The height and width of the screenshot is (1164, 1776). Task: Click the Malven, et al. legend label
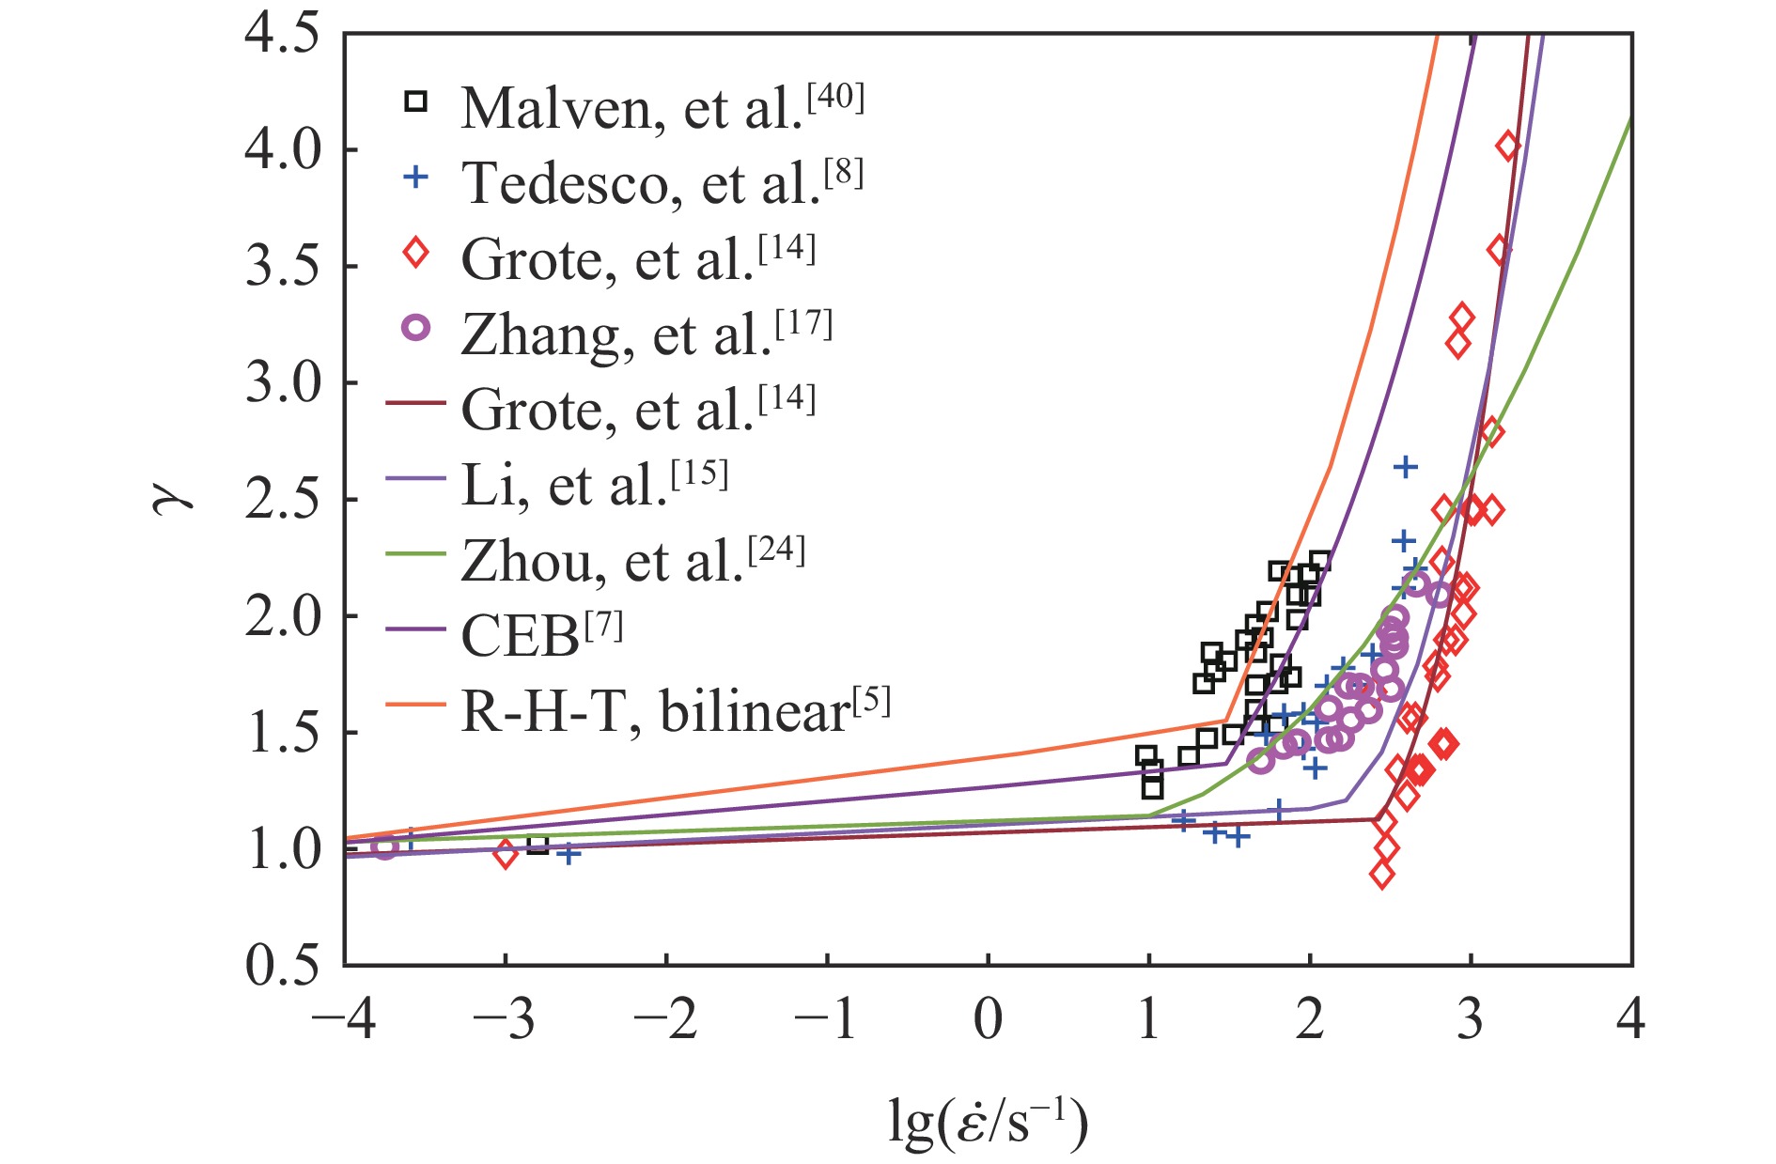[662, 108]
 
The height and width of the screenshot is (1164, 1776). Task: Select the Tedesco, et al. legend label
[662, 182]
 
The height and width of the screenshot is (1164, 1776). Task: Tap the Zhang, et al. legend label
[647, 334]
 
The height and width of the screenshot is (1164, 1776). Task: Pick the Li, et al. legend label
[594, 485]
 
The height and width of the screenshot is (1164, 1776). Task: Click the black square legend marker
[415, 101]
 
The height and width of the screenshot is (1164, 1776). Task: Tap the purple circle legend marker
[415, 327]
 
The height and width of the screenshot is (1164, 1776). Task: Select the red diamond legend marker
[415, 252]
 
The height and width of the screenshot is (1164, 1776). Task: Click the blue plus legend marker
[415, 177]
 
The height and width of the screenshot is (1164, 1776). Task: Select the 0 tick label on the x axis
[988, 1019]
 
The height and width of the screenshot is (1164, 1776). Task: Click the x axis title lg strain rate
[988, 1123]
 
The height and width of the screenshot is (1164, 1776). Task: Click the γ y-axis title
[173, 499]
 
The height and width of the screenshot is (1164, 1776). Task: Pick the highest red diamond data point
[1507, 146]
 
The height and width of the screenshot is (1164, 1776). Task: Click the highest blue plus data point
[1405, 467]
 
